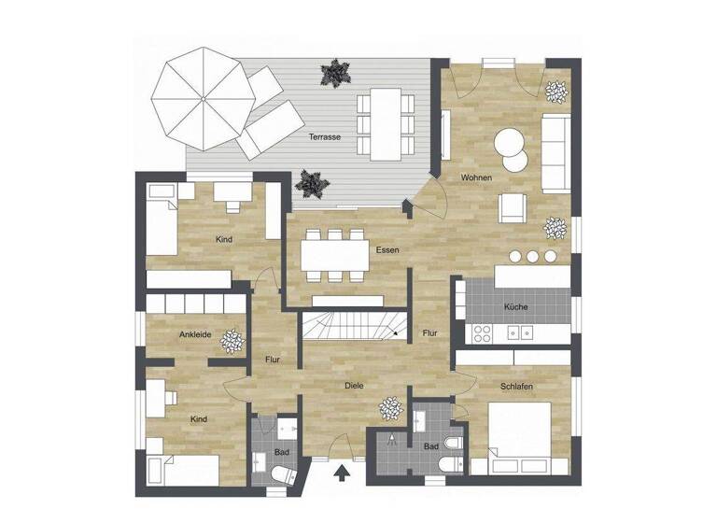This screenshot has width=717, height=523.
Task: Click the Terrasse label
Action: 324,137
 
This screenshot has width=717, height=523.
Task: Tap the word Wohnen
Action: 476,177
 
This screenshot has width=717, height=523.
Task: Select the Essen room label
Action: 387,250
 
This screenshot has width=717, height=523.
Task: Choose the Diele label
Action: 353,385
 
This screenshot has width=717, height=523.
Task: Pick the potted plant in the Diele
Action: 388,408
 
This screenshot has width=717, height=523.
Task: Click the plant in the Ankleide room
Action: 231,343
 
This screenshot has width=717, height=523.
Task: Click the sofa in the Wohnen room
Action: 555,152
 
